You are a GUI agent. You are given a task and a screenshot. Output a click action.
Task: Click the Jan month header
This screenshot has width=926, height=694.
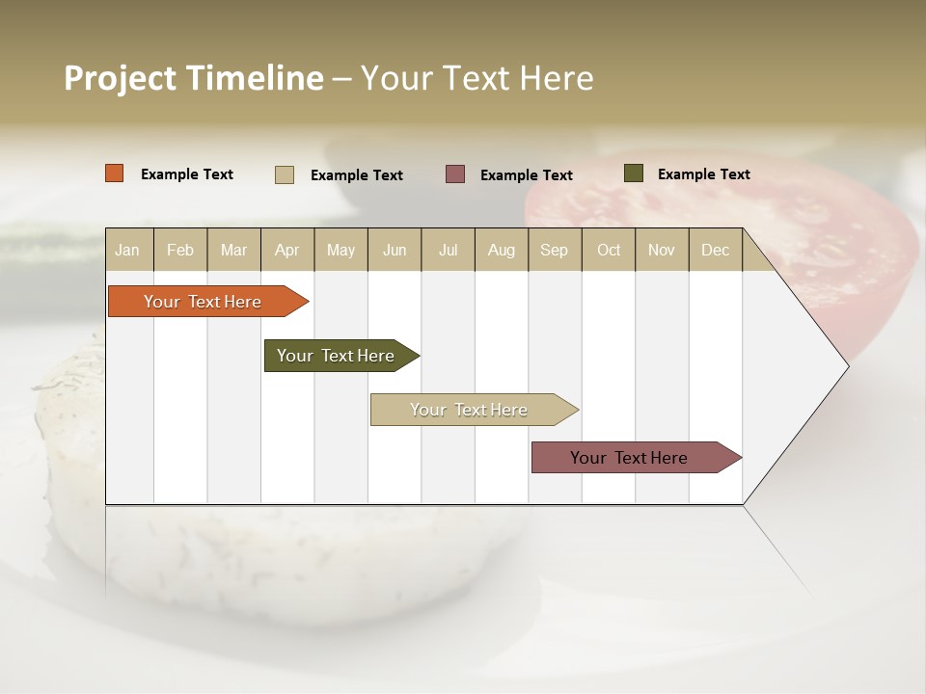[127, 250]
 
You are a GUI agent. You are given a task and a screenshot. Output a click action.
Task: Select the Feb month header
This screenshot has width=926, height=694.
[180, 250]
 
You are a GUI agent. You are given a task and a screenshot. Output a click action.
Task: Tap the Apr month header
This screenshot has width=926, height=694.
[286, 250]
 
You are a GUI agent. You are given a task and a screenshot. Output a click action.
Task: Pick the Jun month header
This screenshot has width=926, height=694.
[395, 250]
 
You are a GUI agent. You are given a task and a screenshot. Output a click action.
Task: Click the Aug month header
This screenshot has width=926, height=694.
[501, 250]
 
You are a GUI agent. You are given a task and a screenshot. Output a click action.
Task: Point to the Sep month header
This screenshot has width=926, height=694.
[554, 250]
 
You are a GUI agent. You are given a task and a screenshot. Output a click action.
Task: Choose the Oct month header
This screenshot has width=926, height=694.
[609, 250]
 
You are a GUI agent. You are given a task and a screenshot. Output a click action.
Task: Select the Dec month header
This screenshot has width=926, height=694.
[715, 250]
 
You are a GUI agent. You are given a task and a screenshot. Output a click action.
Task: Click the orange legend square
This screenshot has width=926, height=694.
[115, 173]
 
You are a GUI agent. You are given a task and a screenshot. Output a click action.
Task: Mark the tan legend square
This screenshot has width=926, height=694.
[285, 174]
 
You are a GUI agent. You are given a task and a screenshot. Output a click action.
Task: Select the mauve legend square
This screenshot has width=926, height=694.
[455, 174]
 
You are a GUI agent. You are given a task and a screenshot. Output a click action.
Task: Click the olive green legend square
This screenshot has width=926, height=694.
[634, 173]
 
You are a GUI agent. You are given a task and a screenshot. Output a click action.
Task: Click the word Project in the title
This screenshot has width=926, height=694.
[121, 78]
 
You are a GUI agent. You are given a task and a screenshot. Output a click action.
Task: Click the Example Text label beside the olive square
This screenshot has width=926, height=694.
[703, 174]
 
